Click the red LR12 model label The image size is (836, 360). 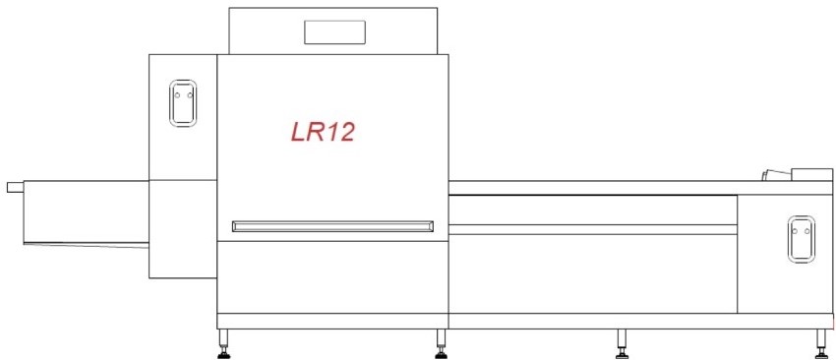click(x=323, y=132)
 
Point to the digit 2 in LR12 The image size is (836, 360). click(x=345, y=132)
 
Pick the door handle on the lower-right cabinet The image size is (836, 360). click(x=802, y=238)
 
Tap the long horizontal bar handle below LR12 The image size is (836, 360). click(x=332, y=226)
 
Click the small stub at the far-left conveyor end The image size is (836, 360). click(x=14, y=186)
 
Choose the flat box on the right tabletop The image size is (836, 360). click(x=813, y=174)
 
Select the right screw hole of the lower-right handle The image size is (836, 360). click(x=807, y=232)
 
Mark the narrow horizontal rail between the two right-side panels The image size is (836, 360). click(x=593, y=229)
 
